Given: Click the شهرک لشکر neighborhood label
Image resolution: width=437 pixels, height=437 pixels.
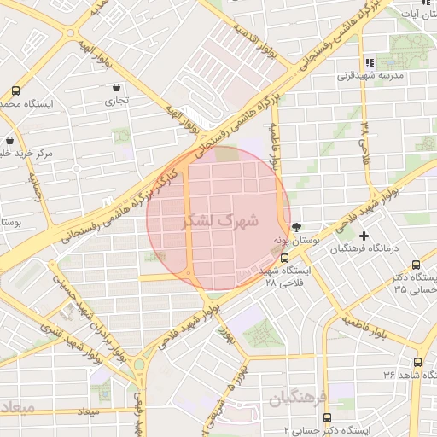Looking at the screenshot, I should coord(219,220).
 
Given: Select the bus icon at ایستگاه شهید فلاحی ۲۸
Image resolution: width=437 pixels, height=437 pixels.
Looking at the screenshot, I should coord(285,257).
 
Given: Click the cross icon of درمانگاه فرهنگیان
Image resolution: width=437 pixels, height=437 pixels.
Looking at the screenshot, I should coord(364,236).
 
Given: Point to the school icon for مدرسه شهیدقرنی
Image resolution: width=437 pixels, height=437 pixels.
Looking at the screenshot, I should coord(370,62).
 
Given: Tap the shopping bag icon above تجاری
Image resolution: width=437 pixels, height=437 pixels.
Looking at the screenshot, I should coord(116,87).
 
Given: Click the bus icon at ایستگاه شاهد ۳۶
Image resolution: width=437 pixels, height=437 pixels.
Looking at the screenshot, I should coord(417,362).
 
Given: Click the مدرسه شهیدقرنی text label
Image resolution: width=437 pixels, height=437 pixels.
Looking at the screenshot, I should coord(401,75).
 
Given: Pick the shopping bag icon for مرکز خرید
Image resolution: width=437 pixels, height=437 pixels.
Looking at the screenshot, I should coord(9,141).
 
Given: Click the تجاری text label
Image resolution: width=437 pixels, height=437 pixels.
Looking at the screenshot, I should coord(116,101).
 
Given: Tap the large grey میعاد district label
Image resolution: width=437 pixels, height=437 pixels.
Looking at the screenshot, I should coord(17,407).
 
